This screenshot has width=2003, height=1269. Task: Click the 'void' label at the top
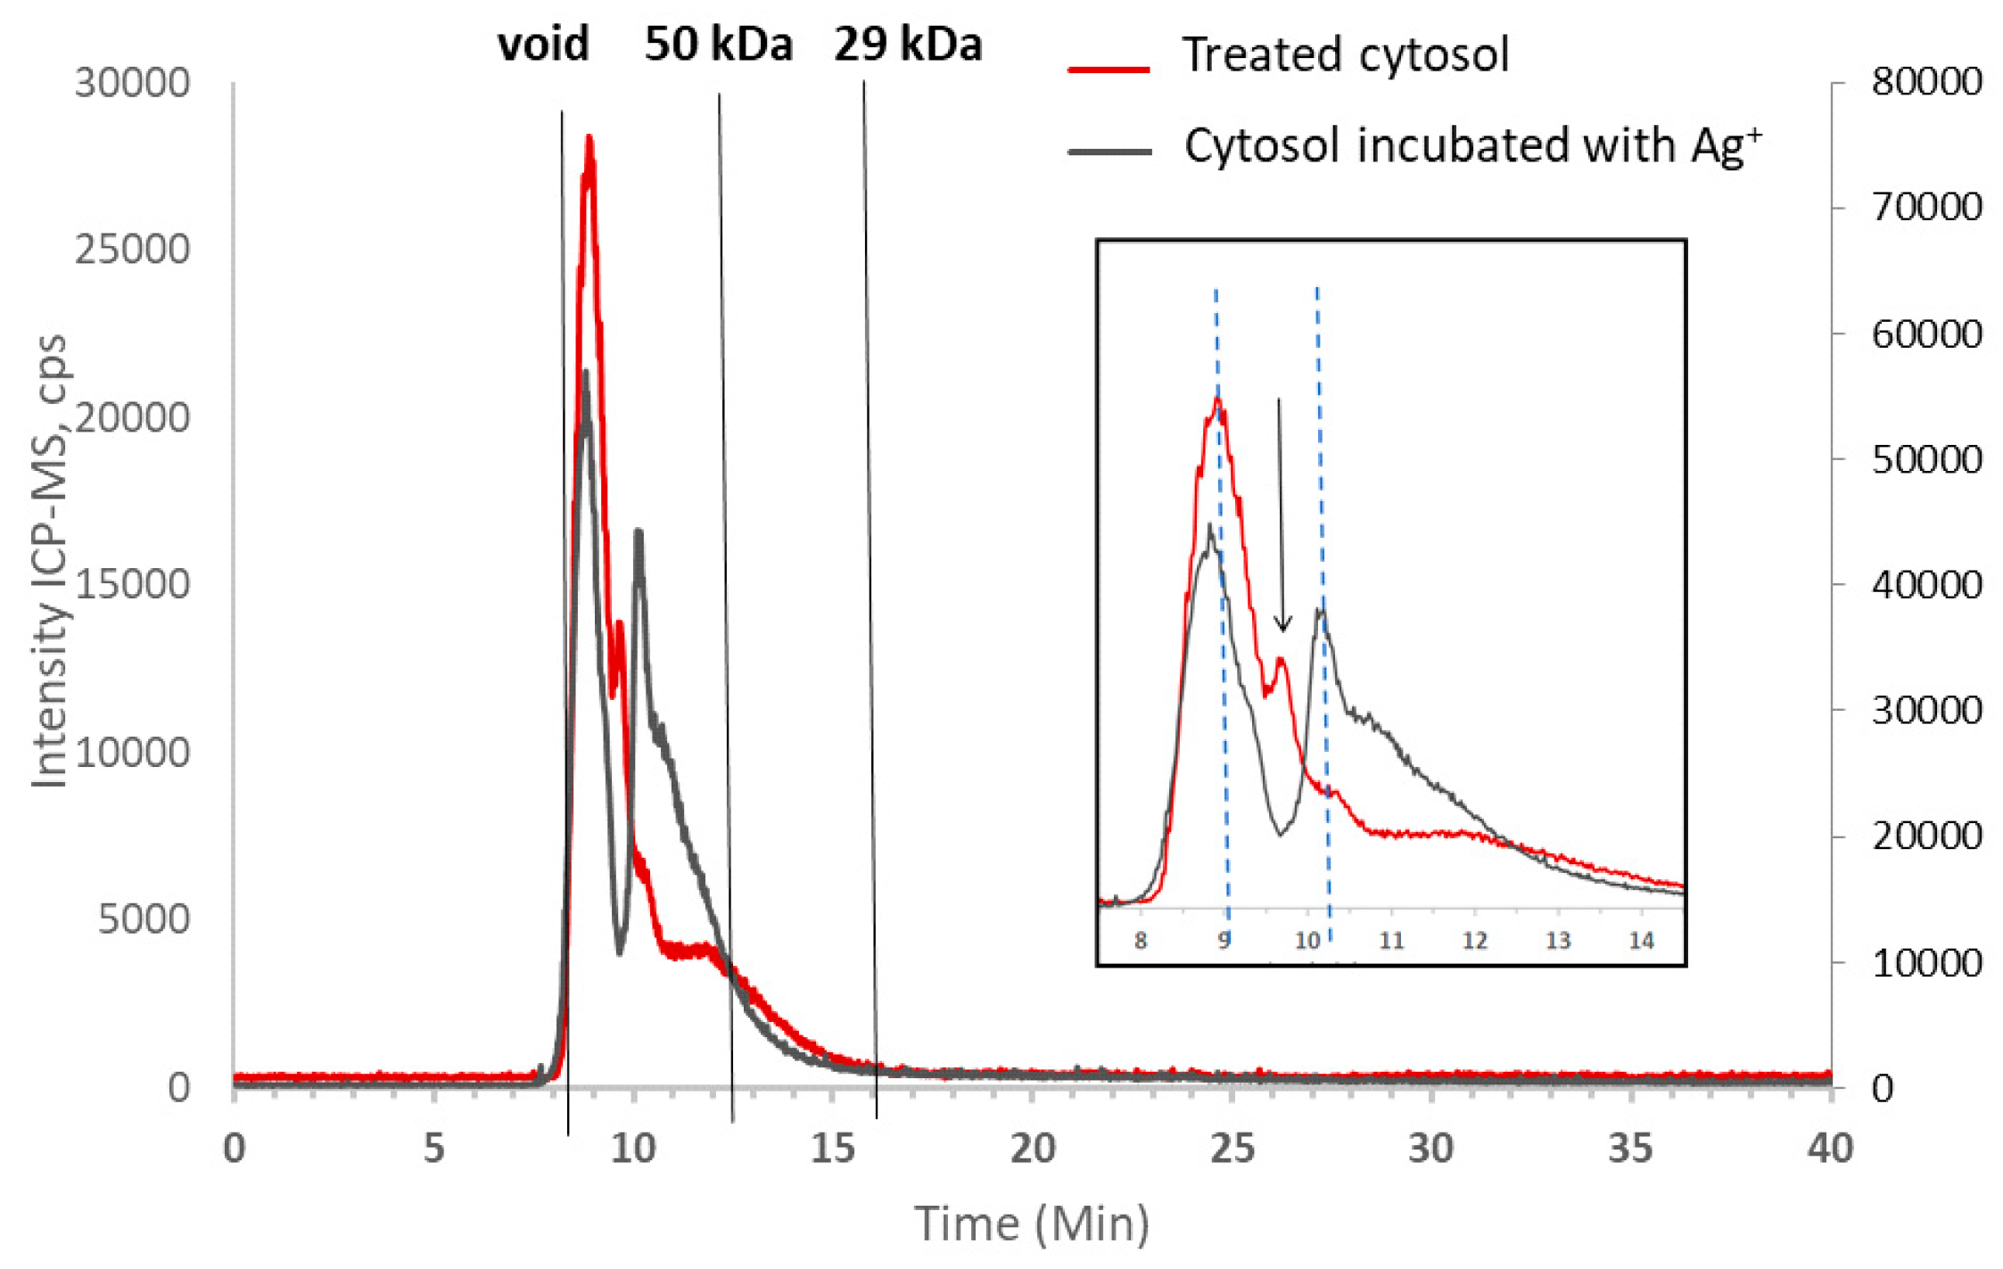pyautogui.click(x=543, y=45)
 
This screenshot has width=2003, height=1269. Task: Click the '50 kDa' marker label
pyautogui.click(x=719, y=45)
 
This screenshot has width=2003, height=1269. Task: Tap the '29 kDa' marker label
pyautogui.click(x=908, y=45)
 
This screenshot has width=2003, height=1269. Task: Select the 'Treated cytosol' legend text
pyautogui.click(x=1345, y=54)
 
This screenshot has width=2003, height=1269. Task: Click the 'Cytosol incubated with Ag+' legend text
pyautogui.click(x=1472, y=145)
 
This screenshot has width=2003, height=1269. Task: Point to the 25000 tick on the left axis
pyautogui.click(x=132, y=250)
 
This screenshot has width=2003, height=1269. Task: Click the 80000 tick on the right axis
pyautogui.click(x=1926, y=82)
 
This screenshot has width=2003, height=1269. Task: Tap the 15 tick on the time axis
pyautogui.click(x=833, y=1149)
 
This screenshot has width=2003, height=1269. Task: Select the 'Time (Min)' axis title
pyautogui.click(x=1032, y=1224)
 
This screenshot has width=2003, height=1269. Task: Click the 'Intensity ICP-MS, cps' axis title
pyautogui.click(x=50, y=562)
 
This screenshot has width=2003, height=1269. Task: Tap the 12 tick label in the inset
pyautogui.click(x=1474, y=941)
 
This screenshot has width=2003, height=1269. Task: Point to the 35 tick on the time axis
pyautogui.click(x=1630, y=1149)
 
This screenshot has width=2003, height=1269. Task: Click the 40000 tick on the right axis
pyautogui.click(x=1926, y=585)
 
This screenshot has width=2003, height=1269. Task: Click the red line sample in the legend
pyautogui.click(x=1109, y=68)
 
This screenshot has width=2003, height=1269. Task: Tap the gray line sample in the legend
pyautogui.click(x=1109, y=152)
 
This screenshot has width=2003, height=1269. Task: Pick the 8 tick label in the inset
pyautogui.click(x=1141, y=941)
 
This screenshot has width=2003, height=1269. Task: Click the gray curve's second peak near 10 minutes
pyautogui.click(x=639, y=533)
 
